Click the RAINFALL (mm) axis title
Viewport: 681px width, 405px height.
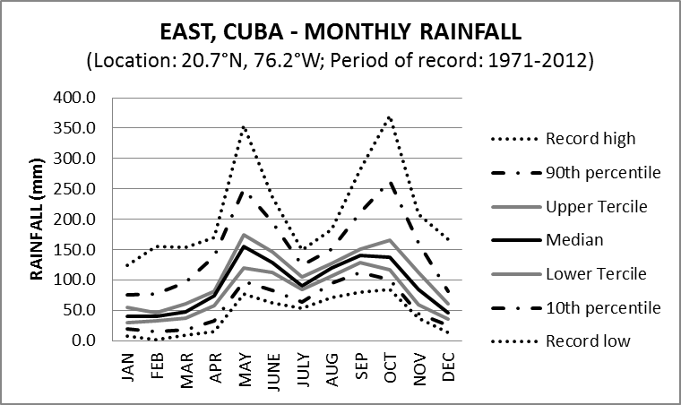coord(37,220)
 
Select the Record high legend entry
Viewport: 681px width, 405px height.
coord(590,139)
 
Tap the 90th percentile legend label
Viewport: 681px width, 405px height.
coord(602,172)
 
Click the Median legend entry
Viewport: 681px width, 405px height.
coord(573,240)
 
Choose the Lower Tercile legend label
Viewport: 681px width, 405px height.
coord(595,273)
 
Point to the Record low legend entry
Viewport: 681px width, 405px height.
coord(587,340)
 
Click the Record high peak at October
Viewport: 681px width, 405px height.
coord(388,116)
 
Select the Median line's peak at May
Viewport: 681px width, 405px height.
coord(245,246)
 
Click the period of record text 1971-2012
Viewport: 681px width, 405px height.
coord(548,63)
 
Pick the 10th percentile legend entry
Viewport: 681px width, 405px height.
coord(602,307)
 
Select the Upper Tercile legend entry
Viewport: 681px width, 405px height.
coord(595,206)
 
